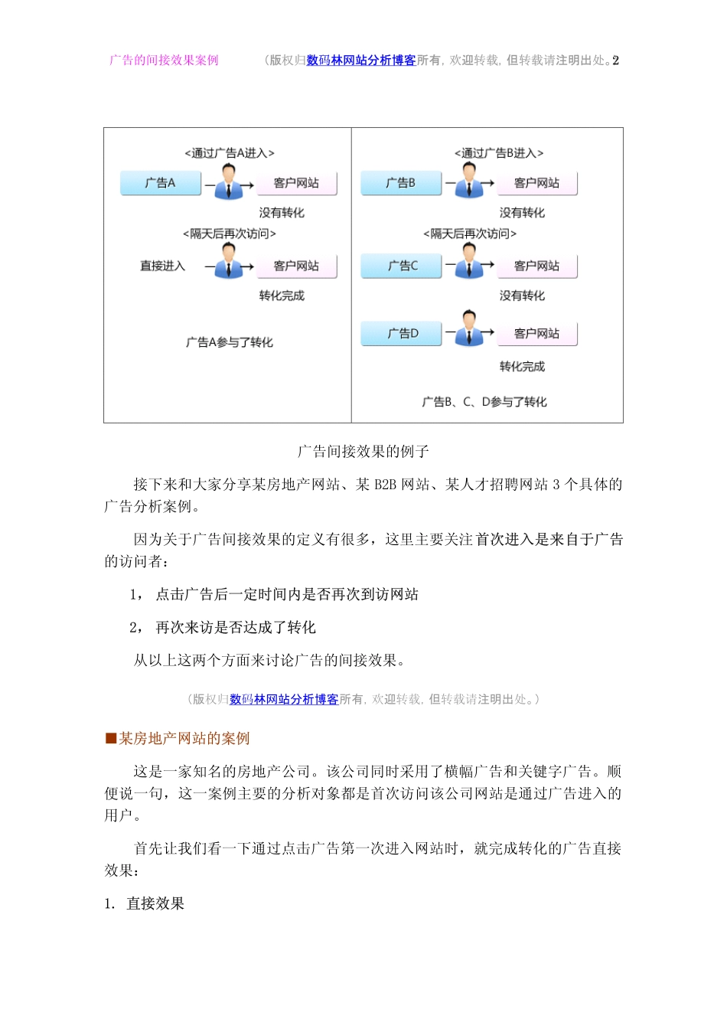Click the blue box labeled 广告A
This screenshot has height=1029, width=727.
161,183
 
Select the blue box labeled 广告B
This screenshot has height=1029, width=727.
401,183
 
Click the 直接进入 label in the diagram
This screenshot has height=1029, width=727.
162,266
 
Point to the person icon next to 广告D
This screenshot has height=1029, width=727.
469,328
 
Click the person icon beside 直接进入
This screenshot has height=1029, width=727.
229,262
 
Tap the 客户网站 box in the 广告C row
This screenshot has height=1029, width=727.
536,266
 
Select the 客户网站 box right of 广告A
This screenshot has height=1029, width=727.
296,183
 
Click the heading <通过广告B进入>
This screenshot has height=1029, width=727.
499,153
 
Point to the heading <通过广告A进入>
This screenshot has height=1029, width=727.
230,153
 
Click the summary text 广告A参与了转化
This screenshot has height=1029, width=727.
230,342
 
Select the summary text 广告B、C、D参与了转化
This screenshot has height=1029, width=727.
484,402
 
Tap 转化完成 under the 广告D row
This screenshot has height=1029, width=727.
522,367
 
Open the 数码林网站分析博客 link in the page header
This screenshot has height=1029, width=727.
361,60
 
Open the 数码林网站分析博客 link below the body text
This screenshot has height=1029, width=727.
284,699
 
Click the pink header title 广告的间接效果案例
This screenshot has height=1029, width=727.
164,60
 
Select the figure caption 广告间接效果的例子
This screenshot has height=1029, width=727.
363,452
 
